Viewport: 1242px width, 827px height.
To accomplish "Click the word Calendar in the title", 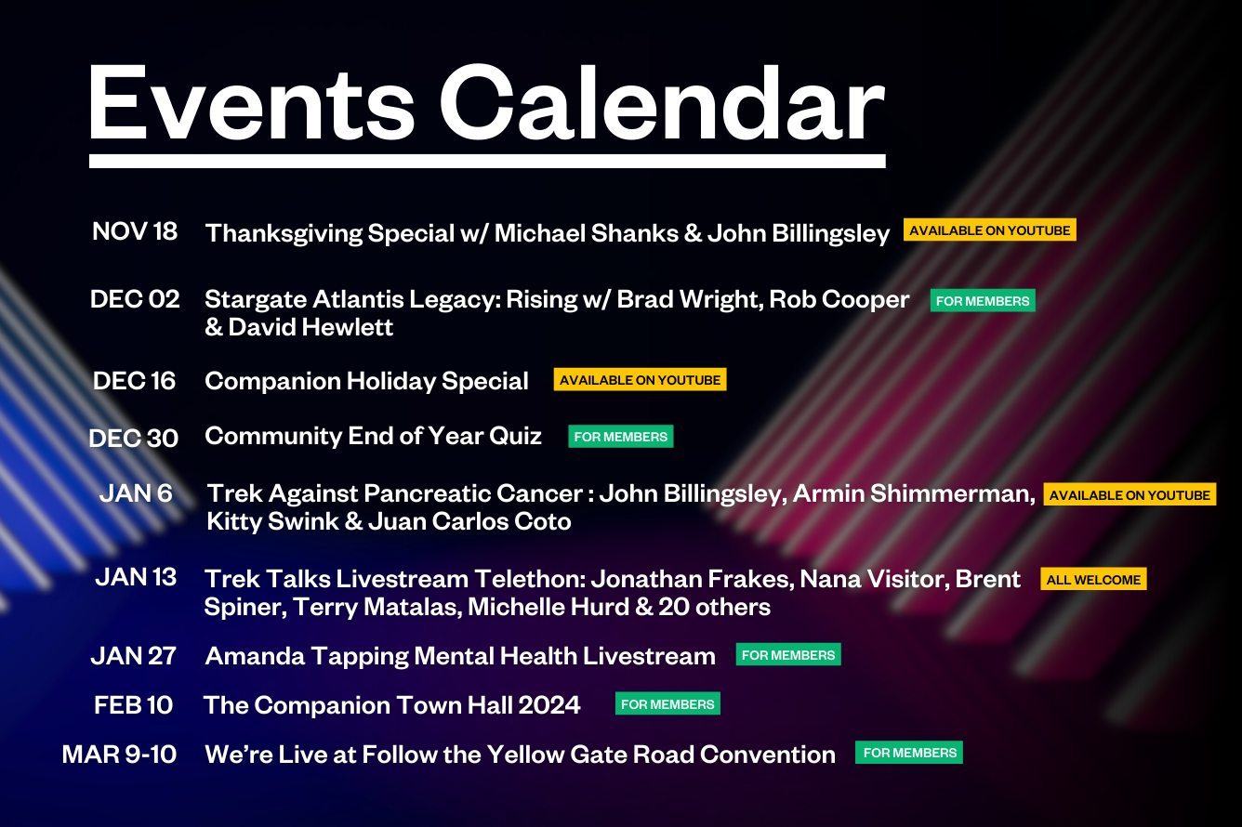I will (x=663, y=103).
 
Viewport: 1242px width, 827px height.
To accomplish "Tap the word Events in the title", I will (x=252, y=103).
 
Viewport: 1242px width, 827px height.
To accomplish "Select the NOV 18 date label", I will (x=135, y=231).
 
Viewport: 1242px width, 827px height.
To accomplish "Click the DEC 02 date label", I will (x=135, y=299).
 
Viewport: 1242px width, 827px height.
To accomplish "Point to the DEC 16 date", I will (x=135, y=381).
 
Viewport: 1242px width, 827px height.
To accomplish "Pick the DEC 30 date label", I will (x=133, y=438).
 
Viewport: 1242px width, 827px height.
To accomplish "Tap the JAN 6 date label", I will (x=136, y=493).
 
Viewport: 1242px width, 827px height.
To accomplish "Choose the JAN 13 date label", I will (x=136, y=577).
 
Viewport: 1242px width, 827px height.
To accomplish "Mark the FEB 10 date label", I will (x=134, y=705).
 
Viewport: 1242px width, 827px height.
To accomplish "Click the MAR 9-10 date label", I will (x=119, y=754).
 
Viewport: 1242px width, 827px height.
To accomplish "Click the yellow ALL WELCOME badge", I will (x=1093, y=580).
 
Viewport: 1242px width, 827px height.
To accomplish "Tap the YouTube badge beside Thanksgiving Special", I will (x=990, y=230).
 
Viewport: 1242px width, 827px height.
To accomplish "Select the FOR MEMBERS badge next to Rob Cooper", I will (x=983, y=301).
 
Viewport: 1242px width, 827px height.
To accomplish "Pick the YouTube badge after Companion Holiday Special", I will (x=640, y=380).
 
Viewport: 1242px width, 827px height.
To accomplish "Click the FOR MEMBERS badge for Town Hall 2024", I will (x=667, y=704).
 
